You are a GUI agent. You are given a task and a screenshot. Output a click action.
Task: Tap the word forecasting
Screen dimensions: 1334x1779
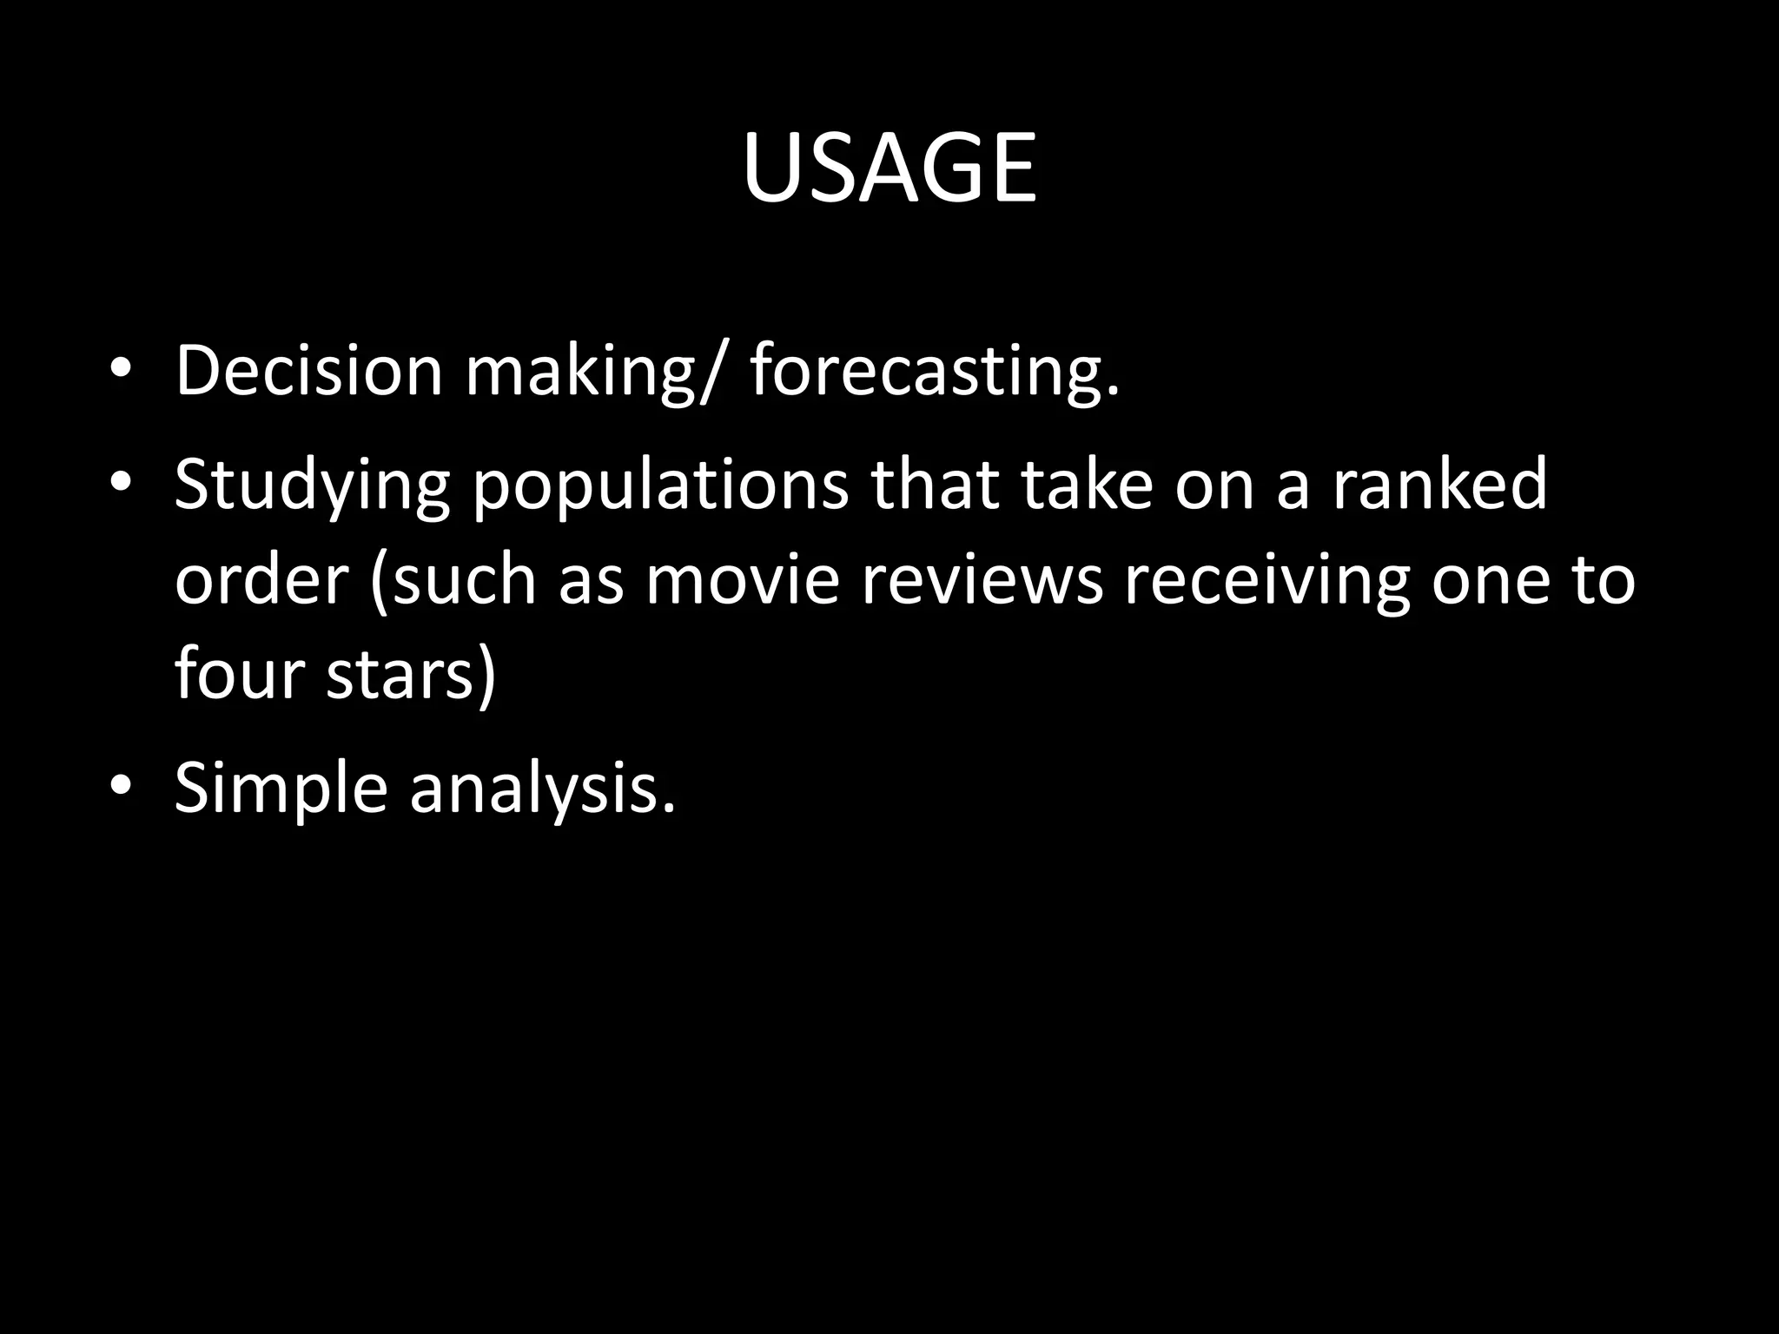coord(935,372)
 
